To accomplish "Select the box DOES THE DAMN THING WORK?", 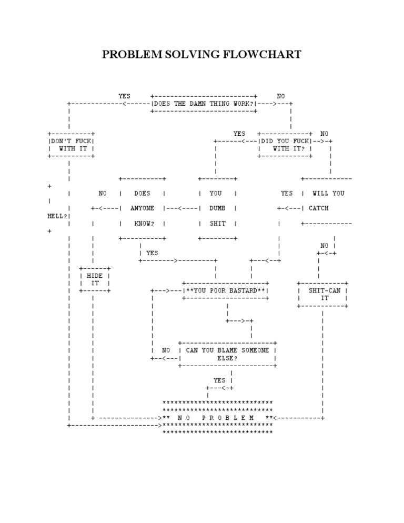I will point(204,104).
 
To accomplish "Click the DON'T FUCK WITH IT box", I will point(71,145).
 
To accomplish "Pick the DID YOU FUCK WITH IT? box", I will point(286,145).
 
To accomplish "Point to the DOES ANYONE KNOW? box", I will point(143,208).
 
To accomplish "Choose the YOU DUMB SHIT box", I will point(217,208).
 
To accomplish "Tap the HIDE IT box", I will point(95,279).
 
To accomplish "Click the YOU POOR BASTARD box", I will point(226,290).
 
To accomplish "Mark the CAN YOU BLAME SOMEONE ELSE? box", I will point(227,354).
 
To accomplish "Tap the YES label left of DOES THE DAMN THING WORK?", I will point(125,96).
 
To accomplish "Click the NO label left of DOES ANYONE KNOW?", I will point(103,194).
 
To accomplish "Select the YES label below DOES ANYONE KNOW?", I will point(152,253).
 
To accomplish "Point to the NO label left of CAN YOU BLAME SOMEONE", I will point(166,350).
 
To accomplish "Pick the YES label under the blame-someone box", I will point(219,380).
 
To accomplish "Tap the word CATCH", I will point(319,208).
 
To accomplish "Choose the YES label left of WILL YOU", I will point(287,194).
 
